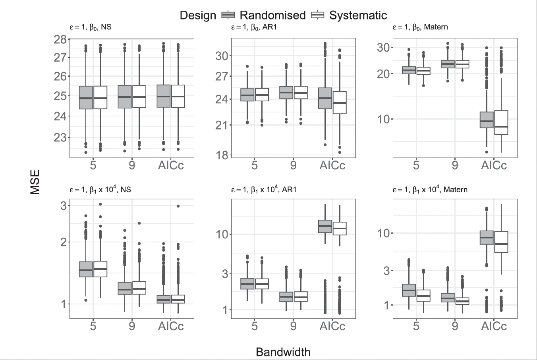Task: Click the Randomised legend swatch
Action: pyautogui.click(x=228, y=15)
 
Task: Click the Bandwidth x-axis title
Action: pyautogui.click(x=283, y=352)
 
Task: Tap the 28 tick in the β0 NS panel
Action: pyautogui.click(x=60, y=39)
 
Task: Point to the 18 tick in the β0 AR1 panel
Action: pyautogui.click(x=222, y=155)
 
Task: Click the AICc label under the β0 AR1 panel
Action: pyautogui.click(x=332, y=165)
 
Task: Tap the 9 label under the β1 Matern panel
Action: pyautogui.click(x=455, y=326)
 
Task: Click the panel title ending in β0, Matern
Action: pyautogui.click(x=420, y=27)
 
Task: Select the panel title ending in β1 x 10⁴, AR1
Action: pyautogui.click(x=264, y=189)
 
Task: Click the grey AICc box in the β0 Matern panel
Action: pyautogui.click(x=487, y=120)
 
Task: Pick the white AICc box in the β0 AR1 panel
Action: pyautogui.click(x=340, y=103)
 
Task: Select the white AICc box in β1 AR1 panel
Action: pyautogui.click(x=340, y=228)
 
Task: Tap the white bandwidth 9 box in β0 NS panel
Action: pyautogui.click(x=139, y=96)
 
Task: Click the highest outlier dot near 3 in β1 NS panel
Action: pyautogui.click(x=100, y=204)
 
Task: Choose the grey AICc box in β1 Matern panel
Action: pyautogui.click(x=487, y=237)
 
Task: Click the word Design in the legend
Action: pyautogui.click(x=198, y=15)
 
